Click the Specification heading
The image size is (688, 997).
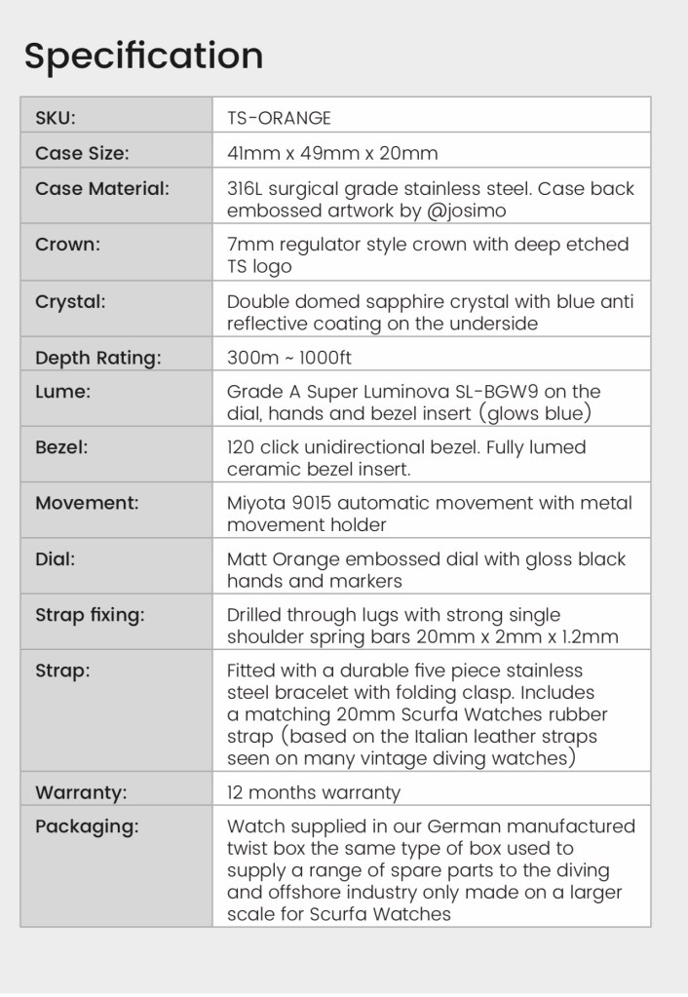pos(143,56)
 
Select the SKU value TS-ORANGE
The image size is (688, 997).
pos(279,118)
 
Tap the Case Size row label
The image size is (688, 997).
pos(82,153)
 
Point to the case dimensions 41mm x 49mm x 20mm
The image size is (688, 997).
pos(332,153)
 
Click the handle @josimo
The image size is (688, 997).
pos(467,211)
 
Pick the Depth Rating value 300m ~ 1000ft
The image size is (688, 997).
pos(289,358)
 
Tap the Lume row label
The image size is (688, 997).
pos(62,392)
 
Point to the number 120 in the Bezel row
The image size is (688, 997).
pos(243,447)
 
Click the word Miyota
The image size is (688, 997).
pos(255,503)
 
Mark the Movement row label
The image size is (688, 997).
pos(87,503)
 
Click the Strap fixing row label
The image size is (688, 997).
pos(90,615)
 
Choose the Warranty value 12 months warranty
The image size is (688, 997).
pos(313,792)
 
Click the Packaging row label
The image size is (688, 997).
pos(87,826)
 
